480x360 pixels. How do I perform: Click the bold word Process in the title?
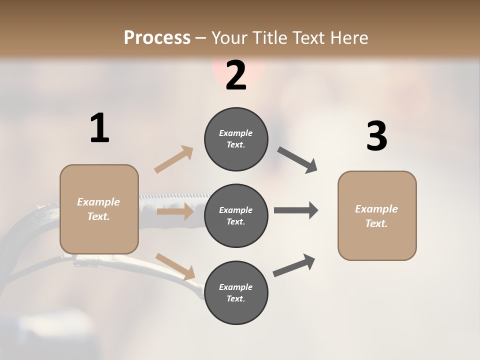click(157, 37)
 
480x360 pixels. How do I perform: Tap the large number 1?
click(99, 128)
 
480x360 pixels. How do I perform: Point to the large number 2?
click(236, 75)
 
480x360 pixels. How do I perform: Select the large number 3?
click(376, 136)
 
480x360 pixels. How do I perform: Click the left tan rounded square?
click(99, 209)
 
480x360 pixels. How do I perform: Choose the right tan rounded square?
click(377, 216)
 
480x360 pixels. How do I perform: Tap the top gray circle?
click(236, 139)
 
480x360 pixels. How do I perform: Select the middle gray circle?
click(236, 215)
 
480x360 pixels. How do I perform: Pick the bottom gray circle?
click(236, 292)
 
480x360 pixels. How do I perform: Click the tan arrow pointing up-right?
click(174, 159)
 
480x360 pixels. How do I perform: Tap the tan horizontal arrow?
click(175, 211)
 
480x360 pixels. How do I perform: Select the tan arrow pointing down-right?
click(175, 266)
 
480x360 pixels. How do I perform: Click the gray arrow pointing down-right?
click(297, 160)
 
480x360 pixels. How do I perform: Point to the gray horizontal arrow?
click(296, 210)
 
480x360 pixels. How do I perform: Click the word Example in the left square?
click(98, 202)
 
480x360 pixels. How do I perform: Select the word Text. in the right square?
click(376, 223)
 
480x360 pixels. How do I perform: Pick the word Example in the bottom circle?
click(235, 287)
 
